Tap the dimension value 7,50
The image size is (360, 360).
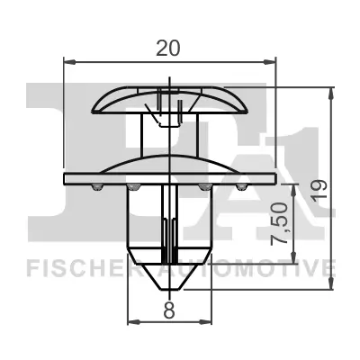click(x=280, y=228)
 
